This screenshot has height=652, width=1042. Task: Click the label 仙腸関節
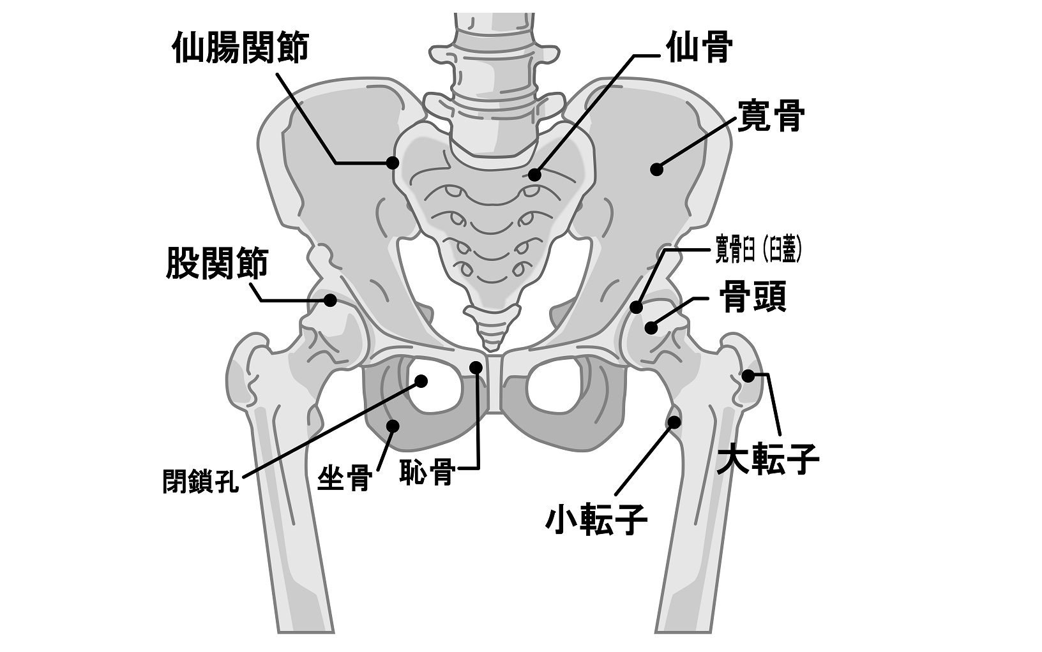tap(241, 48)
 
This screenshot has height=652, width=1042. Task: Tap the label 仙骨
tap(698, 48)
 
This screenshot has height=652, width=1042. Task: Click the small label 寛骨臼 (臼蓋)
tap(757, 249)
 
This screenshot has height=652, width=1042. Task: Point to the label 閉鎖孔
tap(200, 482)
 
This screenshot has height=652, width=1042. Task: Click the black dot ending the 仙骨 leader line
tap(534, 174)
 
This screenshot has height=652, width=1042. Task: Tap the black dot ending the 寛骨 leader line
tap(656, 169)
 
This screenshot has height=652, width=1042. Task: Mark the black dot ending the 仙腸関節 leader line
tap(393, 163)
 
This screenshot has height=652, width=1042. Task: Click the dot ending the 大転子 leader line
tap(748, 376)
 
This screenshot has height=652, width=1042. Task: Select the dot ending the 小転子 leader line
tap(674, 421)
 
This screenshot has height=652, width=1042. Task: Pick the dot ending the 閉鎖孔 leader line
tap(421, 381)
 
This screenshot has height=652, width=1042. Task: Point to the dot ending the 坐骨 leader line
tap(393, 425)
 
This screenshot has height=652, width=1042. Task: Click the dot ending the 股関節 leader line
tap(331, 300)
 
